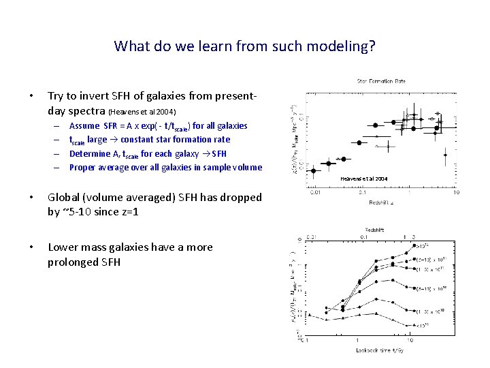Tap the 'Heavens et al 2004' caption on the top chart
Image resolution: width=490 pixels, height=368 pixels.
(x=364, y=179)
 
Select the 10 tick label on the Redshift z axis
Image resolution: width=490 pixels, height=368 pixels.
(x=455, y=193)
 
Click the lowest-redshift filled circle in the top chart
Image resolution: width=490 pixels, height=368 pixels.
(x=313, y=171)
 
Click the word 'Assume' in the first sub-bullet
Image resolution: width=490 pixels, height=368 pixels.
(x=84, y=126)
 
